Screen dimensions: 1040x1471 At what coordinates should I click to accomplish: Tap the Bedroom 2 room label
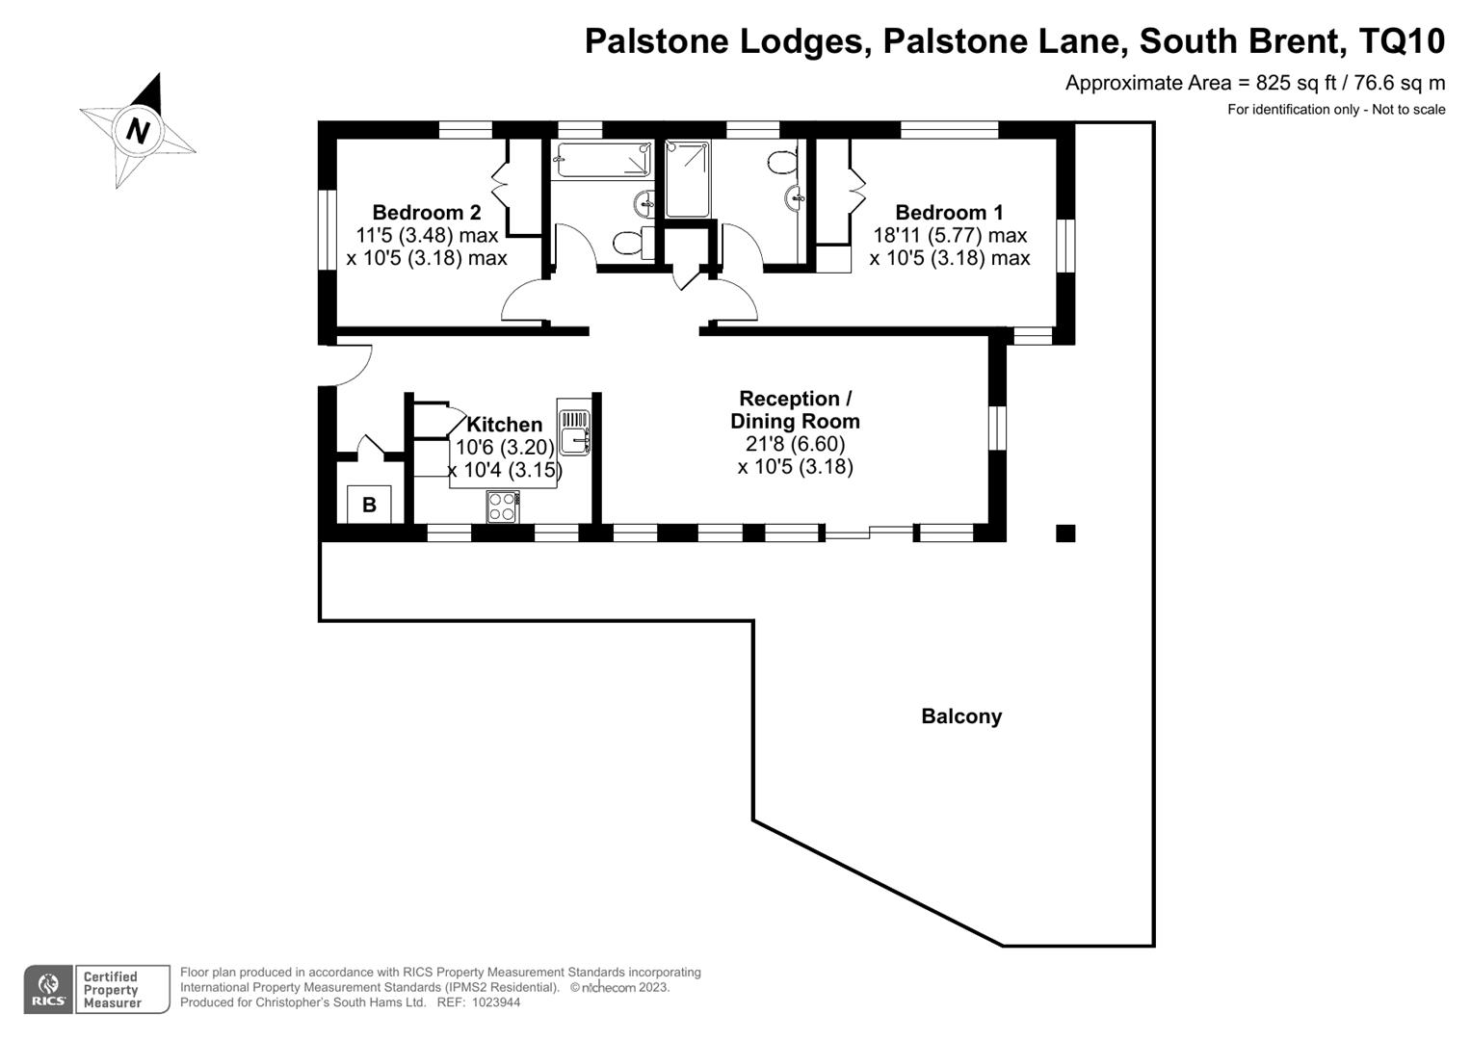(426, 213)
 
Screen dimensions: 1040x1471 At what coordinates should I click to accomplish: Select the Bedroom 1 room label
(949, 213)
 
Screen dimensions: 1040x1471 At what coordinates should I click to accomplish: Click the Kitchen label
(504, 425)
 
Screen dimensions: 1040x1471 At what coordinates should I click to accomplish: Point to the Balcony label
(961, 716)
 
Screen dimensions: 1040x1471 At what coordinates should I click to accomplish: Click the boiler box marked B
(369, 505)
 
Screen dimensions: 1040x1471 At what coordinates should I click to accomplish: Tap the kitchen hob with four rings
(502, 507)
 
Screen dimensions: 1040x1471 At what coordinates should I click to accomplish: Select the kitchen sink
(573, 428)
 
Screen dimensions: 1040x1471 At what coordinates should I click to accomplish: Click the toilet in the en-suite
(783, 160)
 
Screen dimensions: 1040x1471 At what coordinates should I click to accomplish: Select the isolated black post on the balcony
(1065, 533)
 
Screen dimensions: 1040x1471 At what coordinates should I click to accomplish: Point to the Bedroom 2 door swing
(525, 301)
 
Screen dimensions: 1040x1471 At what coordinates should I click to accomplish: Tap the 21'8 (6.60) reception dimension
(795, 444)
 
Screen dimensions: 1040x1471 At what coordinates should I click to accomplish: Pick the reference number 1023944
(492, 1002)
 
